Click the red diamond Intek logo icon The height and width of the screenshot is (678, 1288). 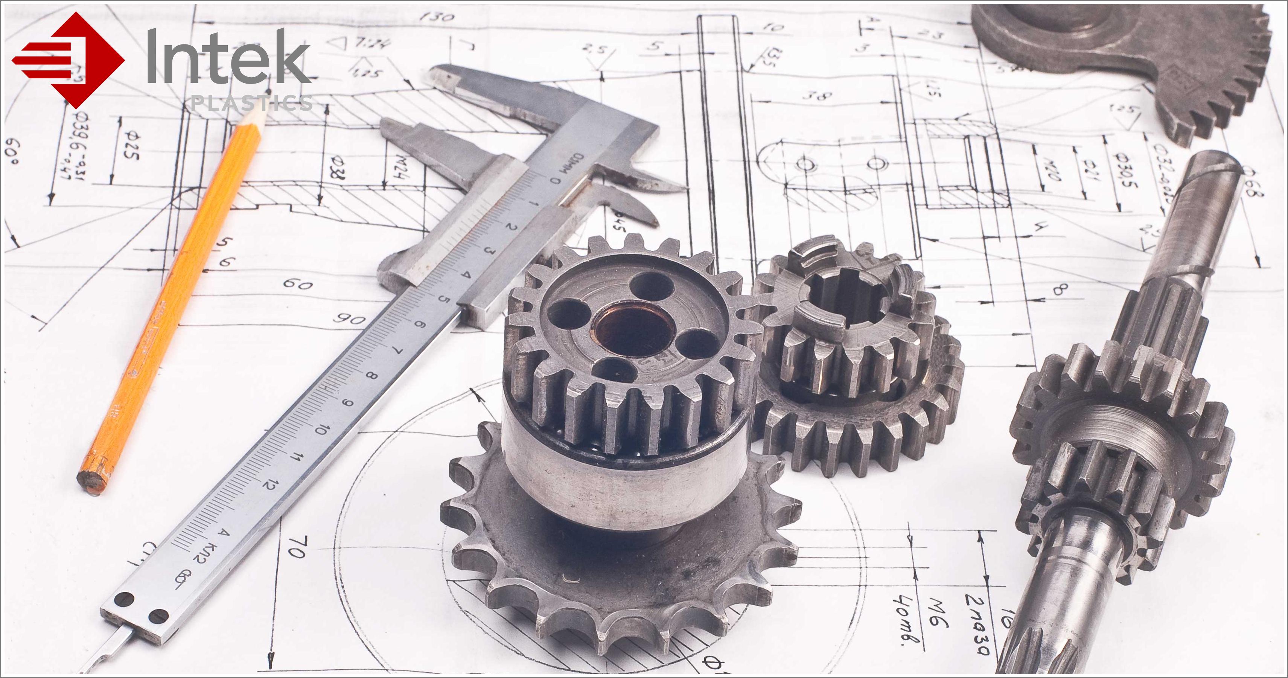pyautogui.click(x=67, y=60)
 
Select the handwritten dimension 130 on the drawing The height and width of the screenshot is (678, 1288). pyautogui.click(x=437, y=17)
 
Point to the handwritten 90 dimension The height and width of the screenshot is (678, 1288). pyautogui.click(x=350, y=318)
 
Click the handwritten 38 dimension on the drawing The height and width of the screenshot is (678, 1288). pyautogui.click(x=818, y=95)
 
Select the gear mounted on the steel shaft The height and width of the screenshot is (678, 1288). pyautogui.click(x=1120, y=450)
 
